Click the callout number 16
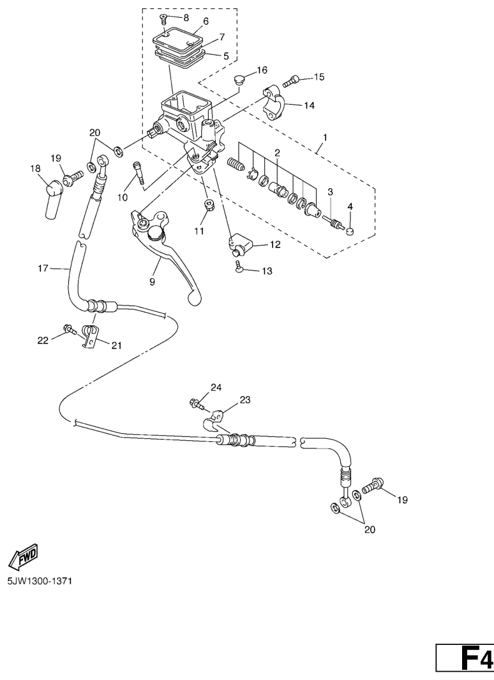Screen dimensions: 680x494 [x=262, y=70]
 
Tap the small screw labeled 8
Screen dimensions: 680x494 [x=163, y=18]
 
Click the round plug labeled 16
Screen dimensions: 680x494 [x=239, y=80]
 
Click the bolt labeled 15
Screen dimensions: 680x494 [x=291, y=82]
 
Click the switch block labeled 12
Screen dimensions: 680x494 [x=241, y=242]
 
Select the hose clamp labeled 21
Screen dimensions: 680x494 [x=92, y=336]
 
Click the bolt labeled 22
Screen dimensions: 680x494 [x=68, y=330]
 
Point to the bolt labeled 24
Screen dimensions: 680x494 [x=197, y=403]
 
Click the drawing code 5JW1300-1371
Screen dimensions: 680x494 [x=39, y=582]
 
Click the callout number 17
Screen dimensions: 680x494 [x=43, y=269]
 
